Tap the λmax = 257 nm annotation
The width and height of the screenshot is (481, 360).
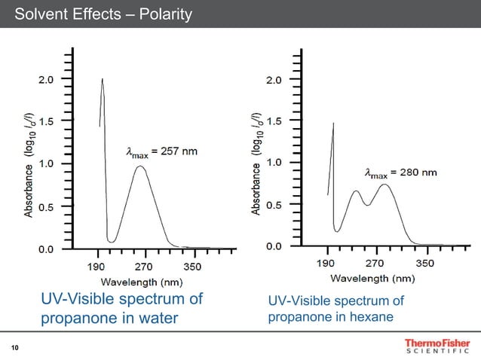(161, 151)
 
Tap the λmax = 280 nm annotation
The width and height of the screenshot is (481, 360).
(400, 172)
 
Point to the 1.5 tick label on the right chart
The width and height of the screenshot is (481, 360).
(274, 121)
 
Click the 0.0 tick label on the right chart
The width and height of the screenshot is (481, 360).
(274, 246)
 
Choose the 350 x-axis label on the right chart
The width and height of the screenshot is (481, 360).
(425, 264)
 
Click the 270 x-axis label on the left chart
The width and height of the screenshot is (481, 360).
(143, 267)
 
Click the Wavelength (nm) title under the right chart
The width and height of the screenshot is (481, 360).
(369, 278)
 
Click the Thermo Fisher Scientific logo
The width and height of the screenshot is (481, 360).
(430, 347)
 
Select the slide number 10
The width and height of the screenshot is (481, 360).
(14, 347)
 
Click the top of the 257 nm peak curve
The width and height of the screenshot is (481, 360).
(140, 166)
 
